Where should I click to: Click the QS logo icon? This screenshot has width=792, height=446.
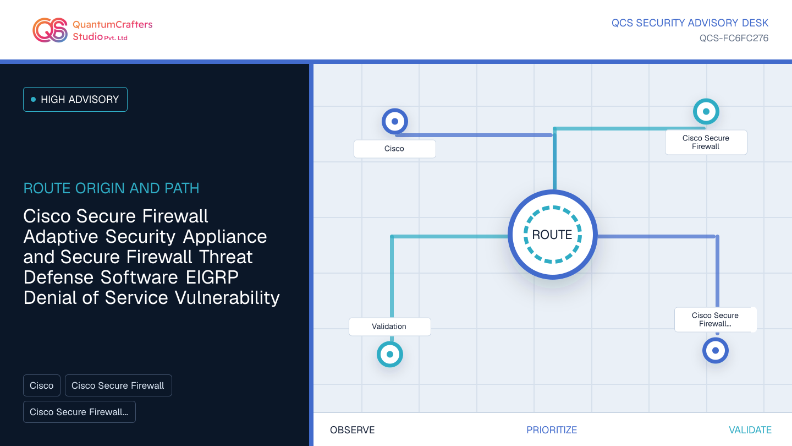[50, 30]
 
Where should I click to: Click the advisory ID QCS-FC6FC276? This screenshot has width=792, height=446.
[734, 38]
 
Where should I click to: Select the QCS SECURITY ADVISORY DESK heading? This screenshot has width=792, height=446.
[690, 23]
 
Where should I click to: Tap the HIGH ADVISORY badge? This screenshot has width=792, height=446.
[75, 100]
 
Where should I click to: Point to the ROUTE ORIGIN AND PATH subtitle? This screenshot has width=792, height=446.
[111, 188]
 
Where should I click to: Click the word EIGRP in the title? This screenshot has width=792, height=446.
[212, 277]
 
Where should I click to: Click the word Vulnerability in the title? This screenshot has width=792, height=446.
[227, 298]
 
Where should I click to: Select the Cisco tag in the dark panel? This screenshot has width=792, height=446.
[42, 385]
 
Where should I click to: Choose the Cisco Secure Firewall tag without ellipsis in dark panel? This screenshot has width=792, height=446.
[118, 385]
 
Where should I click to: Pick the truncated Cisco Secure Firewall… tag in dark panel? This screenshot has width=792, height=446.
[79, 412]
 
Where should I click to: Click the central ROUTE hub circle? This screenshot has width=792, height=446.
[553, 235]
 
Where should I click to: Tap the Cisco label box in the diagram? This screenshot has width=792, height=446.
[394, 149]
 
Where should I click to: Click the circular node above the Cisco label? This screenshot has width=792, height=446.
[395, 121]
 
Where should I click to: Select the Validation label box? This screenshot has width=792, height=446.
[389, 327]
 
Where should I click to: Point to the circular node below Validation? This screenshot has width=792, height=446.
[390, 355]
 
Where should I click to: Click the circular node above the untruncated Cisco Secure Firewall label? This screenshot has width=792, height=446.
[706, 111]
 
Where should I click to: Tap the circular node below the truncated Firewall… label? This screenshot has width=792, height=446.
[716, 350]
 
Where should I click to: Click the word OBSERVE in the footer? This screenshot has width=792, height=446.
[352, 430]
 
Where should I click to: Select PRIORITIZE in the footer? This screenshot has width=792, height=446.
[552, 430]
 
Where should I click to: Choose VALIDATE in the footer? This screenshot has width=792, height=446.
[750, 430]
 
